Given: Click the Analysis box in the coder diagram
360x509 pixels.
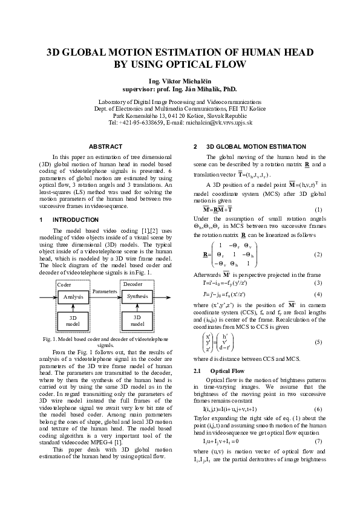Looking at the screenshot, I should click(73, 297).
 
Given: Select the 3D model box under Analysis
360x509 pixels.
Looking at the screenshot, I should click(73, 320).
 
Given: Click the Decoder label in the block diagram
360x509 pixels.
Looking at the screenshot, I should click(133, 284).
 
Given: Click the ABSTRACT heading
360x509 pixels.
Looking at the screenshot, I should click(105, 146).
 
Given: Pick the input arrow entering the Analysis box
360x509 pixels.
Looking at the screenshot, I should click(48, 297).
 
